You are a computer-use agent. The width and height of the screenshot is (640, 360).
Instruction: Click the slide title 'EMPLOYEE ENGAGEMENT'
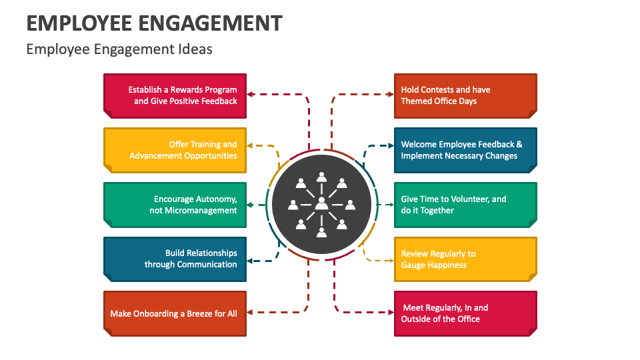(x=154, y=23)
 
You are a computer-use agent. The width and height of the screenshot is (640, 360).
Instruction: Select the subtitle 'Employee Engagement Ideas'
(x=119, y=49)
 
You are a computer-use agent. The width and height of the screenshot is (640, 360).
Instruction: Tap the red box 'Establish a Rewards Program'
(x=175, y=95)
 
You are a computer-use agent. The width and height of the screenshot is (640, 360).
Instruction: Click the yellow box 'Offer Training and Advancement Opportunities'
(x=175, y=150)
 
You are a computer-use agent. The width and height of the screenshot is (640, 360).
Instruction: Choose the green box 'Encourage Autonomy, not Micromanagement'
(x=175, y=205)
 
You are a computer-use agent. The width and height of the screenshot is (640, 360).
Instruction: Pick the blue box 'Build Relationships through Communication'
(x=175, y=259)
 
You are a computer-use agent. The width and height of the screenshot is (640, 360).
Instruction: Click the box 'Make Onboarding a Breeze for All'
(x=175, y=313)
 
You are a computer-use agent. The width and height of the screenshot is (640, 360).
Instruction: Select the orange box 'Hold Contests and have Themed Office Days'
(x=465, y=95)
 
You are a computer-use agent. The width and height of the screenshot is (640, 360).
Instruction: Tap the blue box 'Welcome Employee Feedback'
(x=465, y=150)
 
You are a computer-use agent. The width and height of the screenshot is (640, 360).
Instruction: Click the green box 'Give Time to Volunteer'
(x=465, y=205)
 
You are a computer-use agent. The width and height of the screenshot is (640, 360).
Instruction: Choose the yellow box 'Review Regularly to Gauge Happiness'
(x=465, y=259)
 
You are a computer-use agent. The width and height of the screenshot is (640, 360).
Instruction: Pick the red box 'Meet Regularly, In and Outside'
(x=465, y=313)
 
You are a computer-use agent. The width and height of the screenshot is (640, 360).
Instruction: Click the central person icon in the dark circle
(x=321, y=203)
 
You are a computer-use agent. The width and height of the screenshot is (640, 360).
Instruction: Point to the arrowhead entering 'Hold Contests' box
(x=390, y=95)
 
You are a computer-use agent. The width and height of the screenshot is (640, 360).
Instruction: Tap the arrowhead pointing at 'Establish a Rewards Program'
(x=251, y=95)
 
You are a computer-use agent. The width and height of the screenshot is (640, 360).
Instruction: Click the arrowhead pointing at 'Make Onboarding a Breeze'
(x=251, y=312)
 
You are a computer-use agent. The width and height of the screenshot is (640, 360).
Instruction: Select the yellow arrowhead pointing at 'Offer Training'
(x=251, y=145)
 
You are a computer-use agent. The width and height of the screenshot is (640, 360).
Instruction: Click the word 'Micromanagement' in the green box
(x=193, y=211)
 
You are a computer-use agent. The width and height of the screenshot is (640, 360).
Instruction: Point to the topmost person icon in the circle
(x=321, y=177)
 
